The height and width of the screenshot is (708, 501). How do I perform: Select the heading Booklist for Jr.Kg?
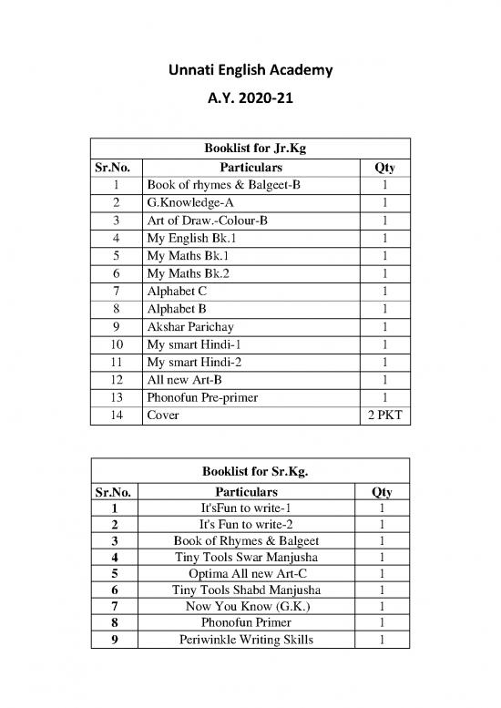(250, 149)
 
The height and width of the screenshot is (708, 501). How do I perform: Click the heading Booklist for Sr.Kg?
(250, 470)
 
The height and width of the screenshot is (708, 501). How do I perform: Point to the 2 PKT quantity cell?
(384, 414)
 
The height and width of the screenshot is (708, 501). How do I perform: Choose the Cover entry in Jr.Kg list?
(163, 414)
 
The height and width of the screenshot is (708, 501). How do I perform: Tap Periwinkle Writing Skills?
(250, 640)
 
